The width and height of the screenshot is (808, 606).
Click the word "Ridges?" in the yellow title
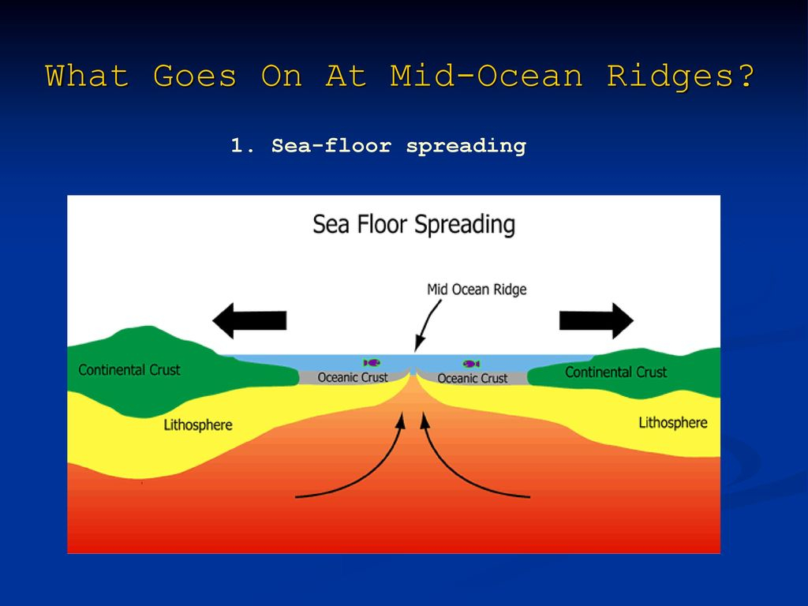coord(680,77)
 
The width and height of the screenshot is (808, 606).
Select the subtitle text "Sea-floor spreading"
coord(398,146)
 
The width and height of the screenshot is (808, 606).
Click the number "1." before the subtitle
coord(243,145)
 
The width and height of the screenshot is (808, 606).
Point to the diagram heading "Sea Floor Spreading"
coord(413,225)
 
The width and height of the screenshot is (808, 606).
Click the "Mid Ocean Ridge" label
coord(477,289)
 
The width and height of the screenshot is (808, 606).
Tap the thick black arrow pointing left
coord(249,320)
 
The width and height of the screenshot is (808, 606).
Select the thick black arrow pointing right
coord(597,320)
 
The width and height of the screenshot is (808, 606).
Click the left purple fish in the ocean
coord(372,363)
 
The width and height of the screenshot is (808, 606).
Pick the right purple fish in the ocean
coord(472,364)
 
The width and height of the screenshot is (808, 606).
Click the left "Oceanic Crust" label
coord(353,377)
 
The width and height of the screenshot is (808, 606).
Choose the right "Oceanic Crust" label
coord(473,378)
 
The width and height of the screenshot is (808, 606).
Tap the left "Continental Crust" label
coord(129,370)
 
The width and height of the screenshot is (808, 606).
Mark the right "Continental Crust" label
coord(615,372)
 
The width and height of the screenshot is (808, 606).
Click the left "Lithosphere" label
coord(198,425)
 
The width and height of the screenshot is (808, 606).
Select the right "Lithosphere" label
coord(673,423)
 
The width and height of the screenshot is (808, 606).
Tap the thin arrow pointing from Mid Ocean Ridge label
coord(427,326)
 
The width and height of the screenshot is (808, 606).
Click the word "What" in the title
coord(87,76)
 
